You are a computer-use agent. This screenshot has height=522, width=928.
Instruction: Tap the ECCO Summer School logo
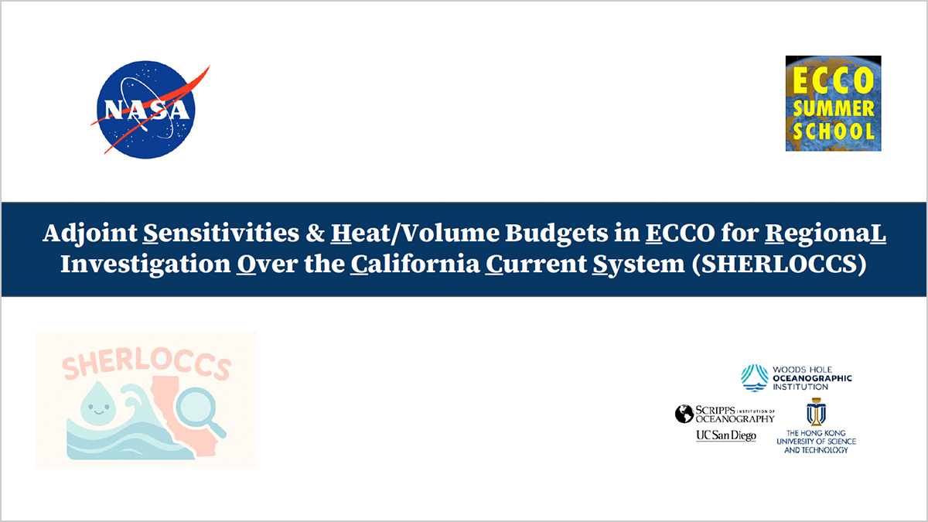point(833,103)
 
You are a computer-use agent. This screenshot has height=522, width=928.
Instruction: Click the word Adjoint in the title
point(90,234)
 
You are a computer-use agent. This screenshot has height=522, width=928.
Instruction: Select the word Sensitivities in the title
point(221,233)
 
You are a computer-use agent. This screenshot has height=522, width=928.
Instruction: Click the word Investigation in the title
point(145,264)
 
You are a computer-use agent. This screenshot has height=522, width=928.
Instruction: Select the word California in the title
point(415,264)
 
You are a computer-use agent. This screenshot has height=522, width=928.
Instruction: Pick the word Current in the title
point(536,264)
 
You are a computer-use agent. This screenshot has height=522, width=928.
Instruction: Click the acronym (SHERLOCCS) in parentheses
point(780,264)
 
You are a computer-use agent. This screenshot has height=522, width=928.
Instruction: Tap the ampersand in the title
point(315,233)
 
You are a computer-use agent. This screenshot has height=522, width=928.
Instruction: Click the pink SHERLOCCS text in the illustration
point(146,364)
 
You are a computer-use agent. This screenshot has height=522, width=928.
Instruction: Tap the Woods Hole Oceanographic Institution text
point(812,378)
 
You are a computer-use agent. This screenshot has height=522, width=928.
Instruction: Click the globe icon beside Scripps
point(684,414)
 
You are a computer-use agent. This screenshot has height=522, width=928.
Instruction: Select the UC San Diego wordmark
point(726,435)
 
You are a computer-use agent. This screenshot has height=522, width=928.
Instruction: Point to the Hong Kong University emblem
point(816,411)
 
